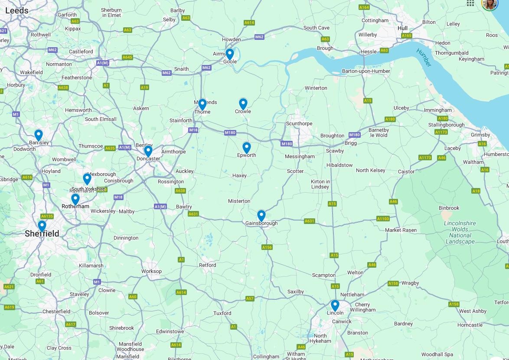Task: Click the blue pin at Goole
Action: pyautogui.click(x=230, y=54)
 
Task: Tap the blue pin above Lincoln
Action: pyautogui.click(x=335, y=305)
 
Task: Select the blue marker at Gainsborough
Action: pyautogui.click(x=261, y=215)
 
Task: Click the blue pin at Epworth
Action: pyautogui.click(x=246, y=148)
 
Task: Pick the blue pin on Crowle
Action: pyautogui.click(x=243, y=104)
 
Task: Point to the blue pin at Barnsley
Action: pyautogui.click(x=39, y=135)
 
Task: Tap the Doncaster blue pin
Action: pyautogui.click(x=148, y=151)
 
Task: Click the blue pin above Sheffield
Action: pyautogui.click(x=42, y=226)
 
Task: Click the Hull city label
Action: pyautogui.click(x=402, y=28)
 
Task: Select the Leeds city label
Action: pyautogui.click(x=17, y=10)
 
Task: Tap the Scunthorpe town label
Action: pyautogui.click(x=299, y=123)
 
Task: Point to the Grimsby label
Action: pyautogui.click(x=480, y=135)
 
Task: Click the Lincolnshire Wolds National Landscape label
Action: pyautogui.click(x=460, y=233)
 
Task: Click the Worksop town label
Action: pyautogui.click(x=151, y=272)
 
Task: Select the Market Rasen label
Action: pyautogui.click(x=401, y=230)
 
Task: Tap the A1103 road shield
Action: pyautogui.click(x=383, y=219)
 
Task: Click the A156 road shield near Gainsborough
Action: pyautogui.click(x=267, y=247)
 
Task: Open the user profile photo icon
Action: pyautogui.click(x=489, y=3)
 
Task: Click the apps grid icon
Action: pyautogui.click(x=470, y=3)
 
